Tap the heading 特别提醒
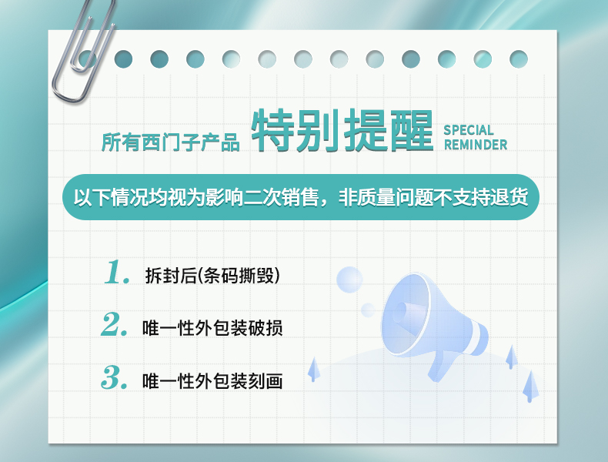(x=344, y=134)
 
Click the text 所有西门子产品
(x=171, y=142)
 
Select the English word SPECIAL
(x=468, y=130)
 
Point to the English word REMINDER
(x=476, y=145)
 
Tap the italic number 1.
(x=117, y=273)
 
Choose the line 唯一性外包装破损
(x=212, y=328)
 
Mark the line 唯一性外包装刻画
(x=212, y=380)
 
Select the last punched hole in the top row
(x=519, y=59)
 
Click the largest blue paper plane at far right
(x=529, y=384)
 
